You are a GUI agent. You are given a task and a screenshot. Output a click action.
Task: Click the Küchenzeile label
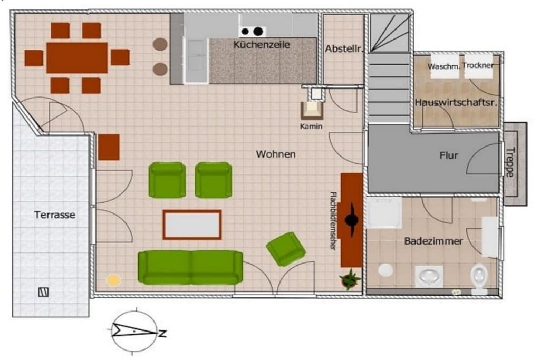click(262, 44)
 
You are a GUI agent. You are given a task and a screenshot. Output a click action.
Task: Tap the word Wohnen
click(275, 154)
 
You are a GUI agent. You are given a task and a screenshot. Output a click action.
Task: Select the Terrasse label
click(54, 215)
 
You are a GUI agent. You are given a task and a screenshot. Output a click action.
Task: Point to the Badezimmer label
click(433, 241)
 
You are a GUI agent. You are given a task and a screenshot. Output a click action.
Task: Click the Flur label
click(448, 155)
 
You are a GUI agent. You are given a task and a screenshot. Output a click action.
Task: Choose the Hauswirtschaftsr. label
click(456, 102)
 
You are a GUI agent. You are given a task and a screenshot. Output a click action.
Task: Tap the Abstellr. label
click(344, 49)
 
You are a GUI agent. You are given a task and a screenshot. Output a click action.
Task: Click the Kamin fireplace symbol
click(312, 111)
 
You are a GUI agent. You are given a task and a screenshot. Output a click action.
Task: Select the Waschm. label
click(443, 66)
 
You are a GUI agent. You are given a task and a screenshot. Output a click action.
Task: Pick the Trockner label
click(478, 65)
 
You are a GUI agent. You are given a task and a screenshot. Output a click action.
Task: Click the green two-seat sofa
click(190, 267)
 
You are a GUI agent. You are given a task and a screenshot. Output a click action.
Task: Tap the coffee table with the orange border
click(192, 225)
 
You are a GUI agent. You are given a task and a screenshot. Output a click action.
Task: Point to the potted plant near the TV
click(350, 279)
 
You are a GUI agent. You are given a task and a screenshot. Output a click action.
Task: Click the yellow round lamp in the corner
click(113, 280)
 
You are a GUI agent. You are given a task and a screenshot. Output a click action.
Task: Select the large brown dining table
click(77, 58)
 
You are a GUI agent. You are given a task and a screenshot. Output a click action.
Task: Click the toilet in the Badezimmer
click(479, 277)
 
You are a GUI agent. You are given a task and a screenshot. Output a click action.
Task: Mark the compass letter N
click(162, 333)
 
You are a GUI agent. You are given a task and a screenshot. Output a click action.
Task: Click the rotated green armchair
click(286, 249)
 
